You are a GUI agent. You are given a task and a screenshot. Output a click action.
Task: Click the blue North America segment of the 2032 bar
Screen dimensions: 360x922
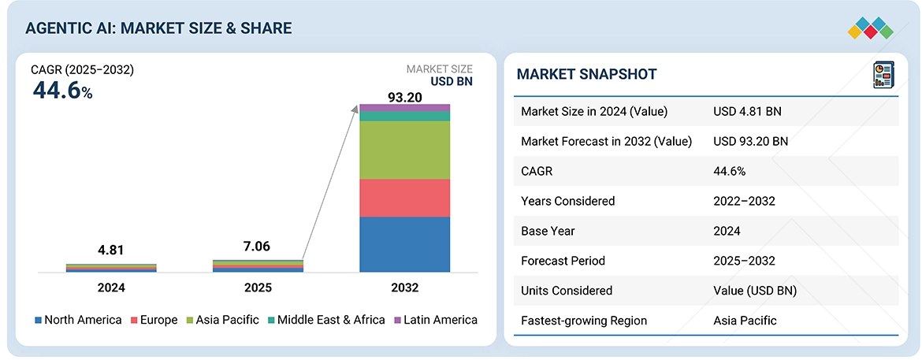pos(404,244)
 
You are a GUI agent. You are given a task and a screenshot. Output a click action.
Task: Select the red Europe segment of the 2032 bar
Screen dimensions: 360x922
pos(404,198)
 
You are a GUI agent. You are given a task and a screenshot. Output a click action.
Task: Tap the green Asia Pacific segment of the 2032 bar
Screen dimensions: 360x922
pos(404,150)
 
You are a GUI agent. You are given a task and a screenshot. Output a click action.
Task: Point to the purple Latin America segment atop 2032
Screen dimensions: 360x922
pos(404,108)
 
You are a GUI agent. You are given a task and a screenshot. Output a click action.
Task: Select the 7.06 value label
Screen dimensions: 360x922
pos(257,247)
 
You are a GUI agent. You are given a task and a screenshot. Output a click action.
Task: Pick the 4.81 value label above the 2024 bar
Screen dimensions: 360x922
pos(111,251)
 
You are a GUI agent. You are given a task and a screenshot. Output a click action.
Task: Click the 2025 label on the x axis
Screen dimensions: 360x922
pos(258,288)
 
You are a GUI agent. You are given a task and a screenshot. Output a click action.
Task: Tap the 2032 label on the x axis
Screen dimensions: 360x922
pos(404,288)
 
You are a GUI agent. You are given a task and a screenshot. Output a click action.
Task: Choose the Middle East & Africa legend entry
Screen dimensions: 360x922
pos(324,320)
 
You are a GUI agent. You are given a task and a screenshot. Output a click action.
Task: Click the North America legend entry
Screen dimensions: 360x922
pos(78,320)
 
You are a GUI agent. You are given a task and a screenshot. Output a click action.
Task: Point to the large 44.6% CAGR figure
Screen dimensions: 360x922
pos(62,91)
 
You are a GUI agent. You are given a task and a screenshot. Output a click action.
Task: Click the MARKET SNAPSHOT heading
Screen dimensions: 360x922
pos(586,75)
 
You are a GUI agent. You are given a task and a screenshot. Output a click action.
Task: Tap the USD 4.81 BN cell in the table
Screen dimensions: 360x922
pos(747,112)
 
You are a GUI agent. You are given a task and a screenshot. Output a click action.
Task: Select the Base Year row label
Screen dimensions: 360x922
pos(548,231)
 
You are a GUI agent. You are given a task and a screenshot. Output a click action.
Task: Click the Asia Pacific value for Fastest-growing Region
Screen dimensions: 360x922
pos(745,321)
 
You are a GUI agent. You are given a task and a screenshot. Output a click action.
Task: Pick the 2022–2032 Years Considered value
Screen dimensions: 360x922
pos(744,201)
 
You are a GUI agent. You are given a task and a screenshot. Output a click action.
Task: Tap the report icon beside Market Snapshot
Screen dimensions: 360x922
pos(882,75)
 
